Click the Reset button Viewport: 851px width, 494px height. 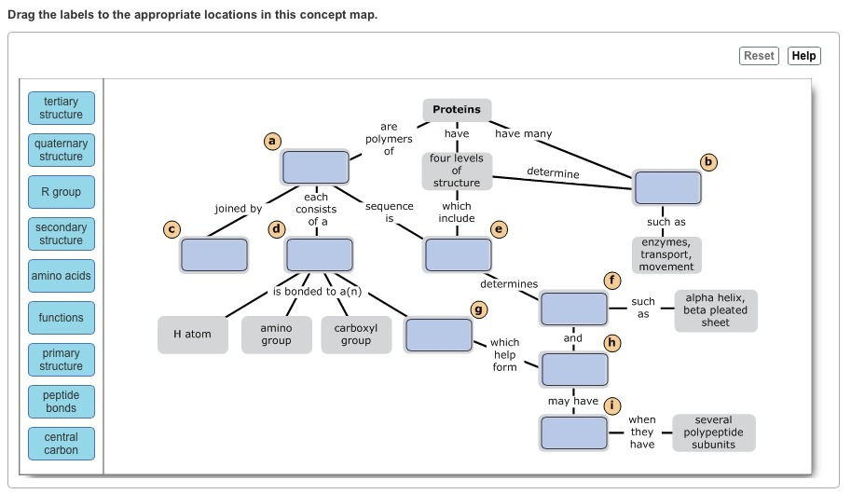pyautogui.click(x=759, y=56)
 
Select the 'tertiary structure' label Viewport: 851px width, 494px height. pyautogui.click(x=61, y=108)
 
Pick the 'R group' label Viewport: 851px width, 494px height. pyautogui.click(x=61, y=192)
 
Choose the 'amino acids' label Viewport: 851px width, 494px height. pyautogui.click(x=61, y=276)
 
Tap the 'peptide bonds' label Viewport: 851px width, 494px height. pyautogui.click(x=61, y=402)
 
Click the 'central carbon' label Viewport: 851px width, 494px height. pyautogui.click(x=61, y=444)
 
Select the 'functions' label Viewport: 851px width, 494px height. pyautogui.click(x=61, y=318)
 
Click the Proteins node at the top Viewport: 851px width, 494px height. pyautogui.click(x=457, y=110)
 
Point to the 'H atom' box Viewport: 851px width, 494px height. pyautogui.click(x=192, y=335)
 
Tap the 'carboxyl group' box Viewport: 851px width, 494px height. pyautogui.click(x=356, y=335)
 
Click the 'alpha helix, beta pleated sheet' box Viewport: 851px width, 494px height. pyautogui.click(x=716, y=310)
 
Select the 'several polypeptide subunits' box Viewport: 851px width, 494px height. pyautogui.click(x=713, y=432)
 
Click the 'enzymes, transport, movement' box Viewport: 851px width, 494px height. pyautogui.click(x=666, y=254)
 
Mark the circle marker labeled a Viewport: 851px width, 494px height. pyautogui.click(x=272, y=142)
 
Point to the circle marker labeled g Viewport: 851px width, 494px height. pyautogui.click(x=479, y=309)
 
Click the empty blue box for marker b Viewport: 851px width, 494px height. pyautogui.click(x=666, y=187)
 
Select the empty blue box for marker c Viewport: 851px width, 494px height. pyautogui.click(x=214, y=254)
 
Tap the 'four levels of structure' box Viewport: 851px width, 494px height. pyautogui.click(x=457, y=171)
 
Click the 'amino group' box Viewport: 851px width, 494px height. pyautogui.click(x=276, y=335)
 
